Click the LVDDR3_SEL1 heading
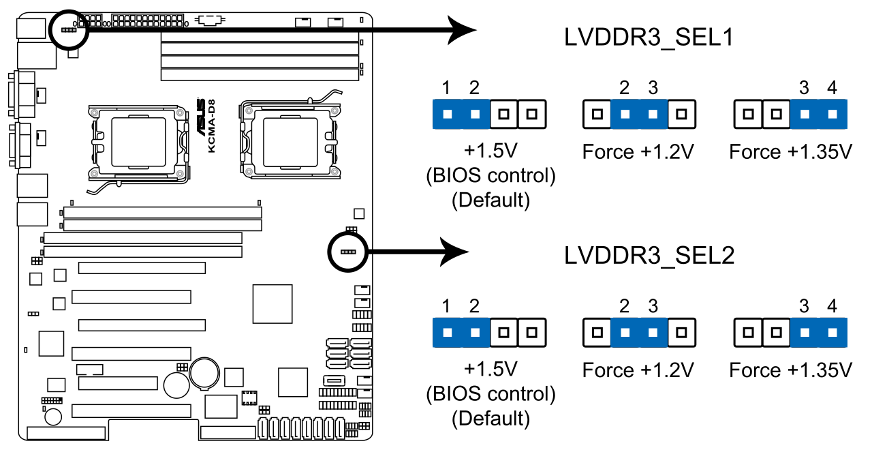click(x=649, y=37)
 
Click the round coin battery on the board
click(x=203, y=372)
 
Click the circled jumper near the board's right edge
click(x=347, y=252)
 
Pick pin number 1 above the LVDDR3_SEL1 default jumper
click(x=446, y=87)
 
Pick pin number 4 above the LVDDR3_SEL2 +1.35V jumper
click(x=832, y=306)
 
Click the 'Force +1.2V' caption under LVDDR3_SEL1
click(x=638, y=151)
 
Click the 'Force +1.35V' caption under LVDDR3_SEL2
click(x=790, y=370)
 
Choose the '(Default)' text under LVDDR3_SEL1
click(x=490, y=200)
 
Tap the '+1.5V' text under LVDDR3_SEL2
click(x=490, y=369)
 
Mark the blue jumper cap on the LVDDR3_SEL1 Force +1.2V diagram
click(x=639, y=114)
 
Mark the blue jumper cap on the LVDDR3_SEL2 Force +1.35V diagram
click(x=818, y=333)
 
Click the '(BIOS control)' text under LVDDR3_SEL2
click(x=490, y=393)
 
